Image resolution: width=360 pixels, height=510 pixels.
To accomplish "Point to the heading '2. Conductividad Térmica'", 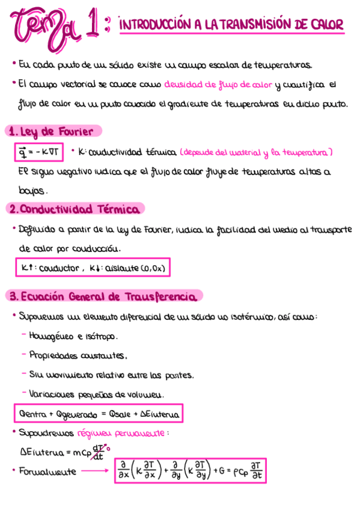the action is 75,209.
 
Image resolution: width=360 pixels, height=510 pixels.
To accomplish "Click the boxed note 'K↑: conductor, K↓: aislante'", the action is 93,268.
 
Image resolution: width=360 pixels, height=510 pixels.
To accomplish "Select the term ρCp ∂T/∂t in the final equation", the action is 248,471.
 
